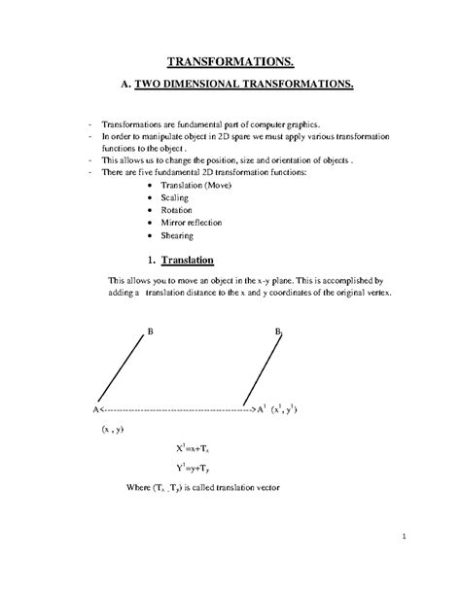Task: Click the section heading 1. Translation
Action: coord(187,261)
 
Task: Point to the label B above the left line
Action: coord(150,333)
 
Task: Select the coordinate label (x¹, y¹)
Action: coord(290,409)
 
